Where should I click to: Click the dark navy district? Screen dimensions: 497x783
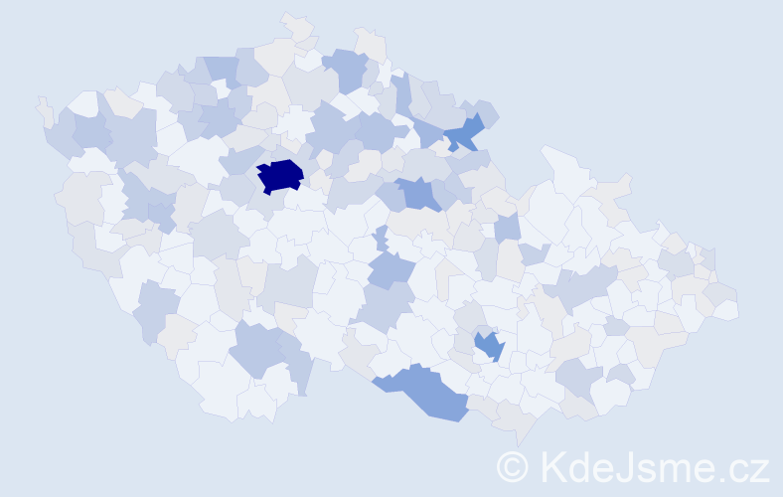[x=280, y=175]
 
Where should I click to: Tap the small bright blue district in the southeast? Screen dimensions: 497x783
[x=488, y=346]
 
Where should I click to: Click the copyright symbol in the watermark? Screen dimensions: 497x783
[x=514, y=466]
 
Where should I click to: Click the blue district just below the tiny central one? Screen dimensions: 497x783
[x=391, y=268]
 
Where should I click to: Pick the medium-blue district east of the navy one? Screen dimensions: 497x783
[x=418, y=193]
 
